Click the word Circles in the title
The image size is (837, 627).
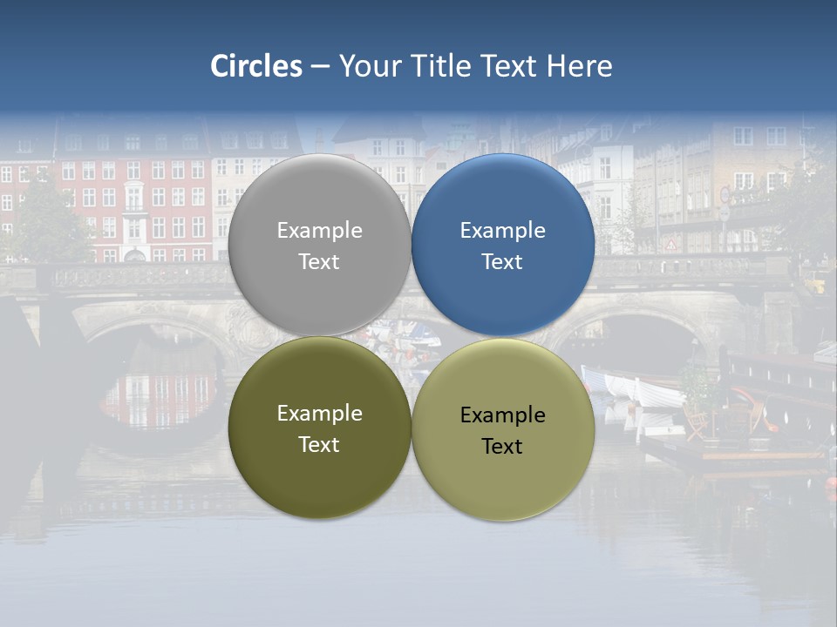(x=256, y=66)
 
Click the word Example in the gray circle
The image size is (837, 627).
(x=319, y=231)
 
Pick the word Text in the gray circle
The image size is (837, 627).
(x=319, y=262)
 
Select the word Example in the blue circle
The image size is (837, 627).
(x=502, y=231)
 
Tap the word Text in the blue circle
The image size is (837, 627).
(x=502, y=262)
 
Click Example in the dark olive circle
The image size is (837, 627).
(x=319, y=414)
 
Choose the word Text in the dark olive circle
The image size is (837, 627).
(x=319, y=445)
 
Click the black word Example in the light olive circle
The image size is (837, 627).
(x=502, y=415)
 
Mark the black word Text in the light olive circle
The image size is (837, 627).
(x=502, y=447)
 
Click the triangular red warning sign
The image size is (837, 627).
(x=670, y=245)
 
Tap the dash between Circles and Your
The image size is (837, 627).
(x=320, y=66)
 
